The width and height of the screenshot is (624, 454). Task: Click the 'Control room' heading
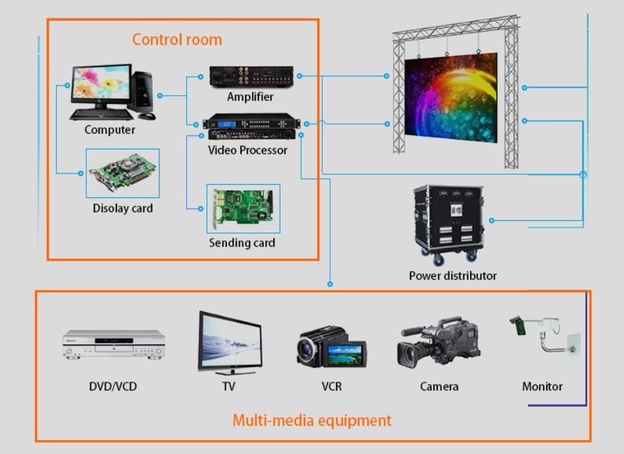coord(177,39)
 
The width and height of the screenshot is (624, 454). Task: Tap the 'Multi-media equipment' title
coord(311,421)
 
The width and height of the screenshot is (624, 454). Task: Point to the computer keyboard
coord(101,115)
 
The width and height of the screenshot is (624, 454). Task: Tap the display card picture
coord(123,173)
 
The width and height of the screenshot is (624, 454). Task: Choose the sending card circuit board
coord(242,208)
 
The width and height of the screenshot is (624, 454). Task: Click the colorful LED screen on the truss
coord(451,98)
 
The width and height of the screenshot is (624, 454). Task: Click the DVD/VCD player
coord(113,344)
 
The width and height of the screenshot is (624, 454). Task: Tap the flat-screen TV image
coord(229,342)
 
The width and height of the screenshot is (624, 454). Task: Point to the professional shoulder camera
coord(439,342)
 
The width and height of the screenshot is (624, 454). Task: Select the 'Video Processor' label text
coord(247,150)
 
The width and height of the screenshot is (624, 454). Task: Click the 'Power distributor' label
coord(453,275)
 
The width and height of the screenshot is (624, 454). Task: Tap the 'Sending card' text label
coord(242,242)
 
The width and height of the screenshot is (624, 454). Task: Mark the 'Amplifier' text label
coord(250,96)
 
